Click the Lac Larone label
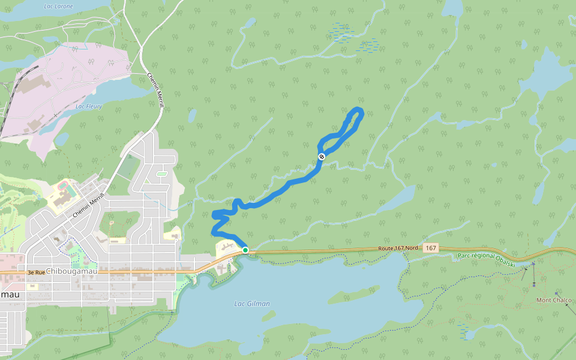pos(59,6)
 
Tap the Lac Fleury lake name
pos(89,106)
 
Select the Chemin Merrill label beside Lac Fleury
pos(156,91)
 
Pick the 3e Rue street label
pos(36,272)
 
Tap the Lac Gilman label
pos(252,304)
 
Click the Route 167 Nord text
pos(398,248)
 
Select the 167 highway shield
pos(430,248)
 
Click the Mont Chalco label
pos(553,300)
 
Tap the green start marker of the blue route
pos(245,250)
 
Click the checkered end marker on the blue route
pos(322,157)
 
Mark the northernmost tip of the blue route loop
pos(359,109)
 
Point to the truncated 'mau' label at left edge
pos(10,294)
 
